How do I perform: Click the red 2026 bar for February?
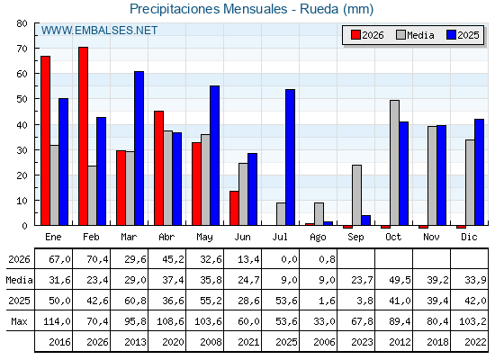(x=83, y=136)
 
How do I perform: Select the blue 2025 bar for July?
(x=290, y=157)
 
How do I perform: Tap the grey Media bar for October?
(x=395, y=163)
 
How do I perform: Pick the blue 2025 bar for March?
(x=139, y=148)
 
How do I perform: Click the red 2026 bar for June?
(x=234, y=208)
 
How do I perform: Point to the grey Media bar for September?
(x=356, y=195)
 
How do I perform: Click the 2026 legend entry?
(x=367, y=35)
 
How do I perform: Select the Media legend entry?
(x=415, y=35)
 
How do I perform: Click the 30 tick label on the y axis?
(x=22, y=150)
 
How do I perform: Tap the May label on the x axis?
(x=205, y=238)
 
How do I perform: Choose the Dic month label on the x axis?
(x=469, y=237)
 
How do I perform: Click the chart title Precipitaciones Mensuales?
(x=208, y=9)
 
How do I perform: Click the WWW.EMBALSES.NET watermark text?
(x=99, y=31)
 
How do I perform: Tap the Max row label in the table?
(x=19, y=321)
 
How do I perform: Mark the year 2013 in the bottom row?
(x=135, y=342)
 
